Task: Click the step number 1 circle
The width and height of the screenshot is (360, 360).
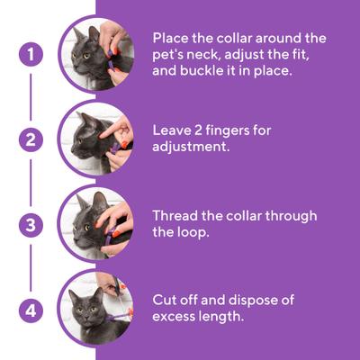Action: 31,53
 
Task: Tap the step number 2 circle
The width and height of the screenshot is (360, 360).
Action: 31,139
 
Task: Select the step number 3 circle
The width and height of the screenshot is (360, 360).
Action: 31,225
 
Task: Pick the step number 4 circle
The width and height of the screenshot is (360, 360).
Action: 31,310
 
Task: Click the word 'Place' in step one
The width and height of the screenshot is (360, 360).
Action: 172,38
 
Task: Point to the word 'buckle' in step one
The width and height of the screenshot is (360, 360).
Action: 205,70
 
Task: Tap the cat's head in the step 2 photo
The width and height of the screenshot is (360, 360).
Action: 84,135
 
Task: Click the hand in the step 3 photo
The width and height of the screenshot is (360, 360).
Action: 114,219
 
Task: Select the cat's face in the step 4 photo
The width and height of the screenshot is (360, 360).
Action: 85,309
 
